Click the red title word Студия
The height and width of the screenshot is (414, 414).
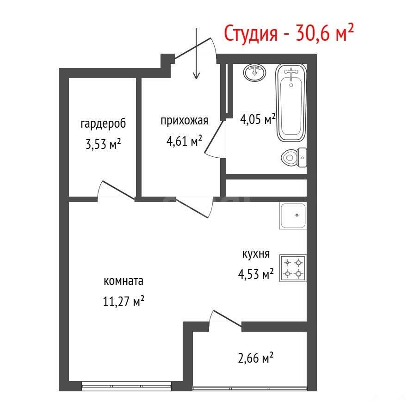(251, 34)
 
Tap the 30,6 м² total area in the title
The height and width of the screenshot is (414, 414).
(325, 32)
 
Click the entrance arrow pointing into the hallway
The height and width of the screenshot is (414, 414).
(196, 54)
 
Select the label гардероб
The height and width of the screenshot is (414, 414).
(103, 124)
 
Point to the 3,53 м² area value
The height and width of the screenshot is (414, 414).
(103, 144)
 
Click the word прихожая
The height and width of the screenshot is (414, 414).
(184, 121)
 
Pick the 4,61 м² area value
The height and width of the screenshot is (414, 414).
(184, 141)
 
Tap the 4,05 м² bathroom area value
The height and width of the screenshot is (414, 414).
(258, 119)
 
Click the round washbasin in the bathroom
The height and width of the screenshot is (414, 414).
(254, 73)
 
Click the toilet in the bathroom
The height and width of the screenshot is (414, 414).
(294, 158)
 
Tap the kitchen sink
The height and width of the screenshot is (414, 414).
(293, 216)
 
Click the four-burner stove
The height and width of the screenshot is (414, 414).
(293, 268)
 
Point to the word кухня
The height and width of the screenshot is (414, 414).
(256, 254)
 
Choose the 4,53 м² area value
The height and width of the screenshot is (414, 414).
(256, 274)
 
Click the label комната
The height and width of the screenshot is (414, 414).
(124, 281)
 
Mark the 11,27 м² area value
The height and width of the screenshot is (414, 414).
(124, 301)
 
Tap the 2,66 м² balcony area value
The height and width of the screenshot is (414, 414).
(256, 358)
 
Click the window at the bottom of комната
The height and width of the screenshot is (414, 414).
(126, 386)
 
